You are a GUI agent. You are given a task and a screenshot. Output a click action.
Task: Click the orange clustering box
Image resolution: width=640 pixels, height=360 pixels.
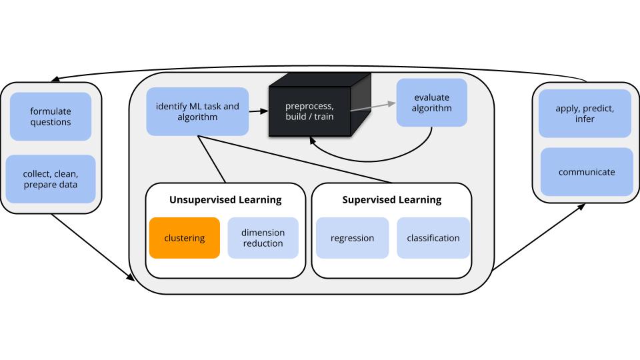(x=185, y=238)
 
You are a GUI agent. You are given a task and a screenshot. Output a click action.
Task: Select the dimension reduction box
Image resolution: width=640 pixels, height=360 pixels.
(x=263, y=238)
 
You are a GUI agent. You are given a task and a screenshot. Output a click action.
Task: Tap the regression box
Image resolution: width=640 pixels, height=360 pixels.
(x=352, y=238)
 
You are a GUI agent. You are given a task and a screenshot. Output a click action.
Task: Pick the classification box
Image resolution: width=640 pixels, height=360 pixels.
(x=433, y=238)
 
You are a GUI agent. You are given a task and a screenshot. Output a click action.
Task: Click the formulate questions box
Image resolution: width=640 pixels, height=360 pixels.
(x=51, y=116)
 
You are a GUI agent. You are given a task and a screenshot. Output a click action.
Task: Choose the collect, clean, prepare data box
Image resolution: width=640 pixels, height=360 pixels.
(x=51, y=179)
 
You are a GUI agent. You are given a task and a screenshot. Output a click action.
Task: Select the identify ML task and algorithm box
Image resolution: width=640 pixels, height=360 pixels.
(x=197, y=111)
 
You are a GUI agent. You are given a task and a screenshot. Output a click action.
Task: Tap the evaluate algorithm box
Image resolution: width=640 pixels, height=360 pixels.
(x=432, y=103)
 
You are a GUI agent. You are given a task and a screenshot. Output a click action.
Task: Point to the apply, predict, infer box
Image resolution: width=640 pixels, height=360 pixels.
(x=585, y=113)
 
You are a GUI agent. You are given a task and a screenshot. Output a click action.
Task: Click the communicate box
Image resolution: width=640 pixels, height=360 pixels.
(x=587, y=172)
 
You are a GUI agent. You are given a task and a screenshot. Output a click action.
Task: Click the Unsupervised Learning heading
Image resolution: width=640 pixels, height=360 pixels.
(x=225, y=199)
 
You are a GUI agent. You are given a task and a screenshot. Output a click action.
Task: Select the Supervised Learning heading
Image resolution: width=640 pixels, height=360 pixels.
(x=392, y=199)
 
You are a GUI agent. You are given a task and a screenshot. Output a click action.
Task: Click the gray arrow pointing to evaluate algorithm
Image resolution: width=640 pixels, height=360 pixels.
(x=373, y=107)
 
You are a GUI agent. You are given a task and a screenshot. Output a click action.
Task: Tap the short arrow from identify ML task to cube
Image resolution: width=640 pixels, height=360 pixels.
(x=259, y=111)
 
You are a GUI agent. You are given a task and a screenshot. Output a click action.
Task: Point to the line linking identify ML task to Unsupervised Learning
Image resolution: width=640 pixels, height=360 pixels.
(x=211, y=159)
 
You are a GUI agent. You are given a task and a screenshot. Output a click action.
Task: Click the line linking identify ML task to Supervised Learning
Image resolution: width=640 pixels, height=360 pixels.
(x=295, y=159)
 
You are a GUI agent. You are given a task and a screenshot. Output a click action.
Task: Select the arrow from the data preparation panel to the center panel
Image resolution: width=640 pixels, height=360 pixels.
(x=93, y=247)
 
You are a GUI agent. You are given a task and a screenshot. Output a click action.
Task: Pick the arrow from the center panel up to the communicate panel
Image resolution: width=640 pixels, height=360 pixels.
(x=539, y=237)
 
